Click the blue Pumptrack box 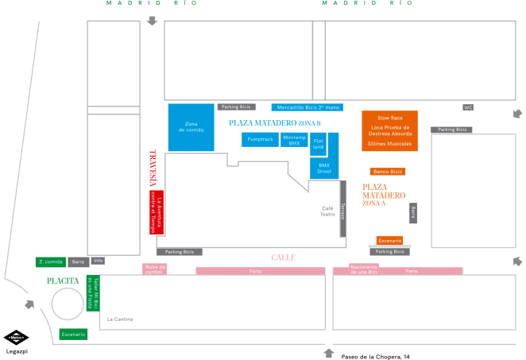coord(260,139)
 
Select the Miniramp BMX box coord(294,140)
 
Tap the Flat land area coord(318,144)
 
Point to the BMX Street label coord(324,168)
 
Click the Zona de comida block coord(191,127)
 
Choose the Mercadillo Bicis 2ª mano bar coord(307,106)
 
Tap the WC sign coord(468,106)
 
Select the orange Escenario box coord(389,240)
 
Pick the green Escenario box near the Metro coord(73,335)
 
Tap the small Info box coord(98,261)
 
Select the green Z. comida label coord(50,261)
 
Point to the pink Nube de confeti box coord(154,269)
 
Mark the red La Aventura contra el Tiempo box coord(157,212)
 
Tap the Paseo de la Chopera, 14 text coord(375,355)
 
